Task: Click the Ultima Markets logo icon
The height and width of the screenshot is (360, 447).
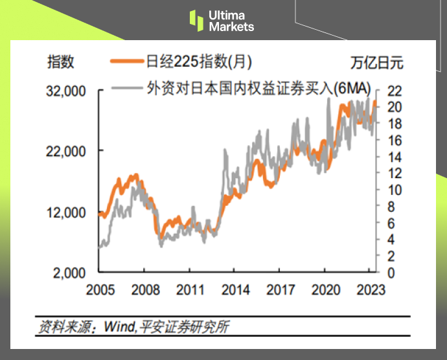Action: click(196, 20)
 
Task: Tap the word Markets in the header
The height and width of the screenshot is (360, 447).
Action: click(231, 27)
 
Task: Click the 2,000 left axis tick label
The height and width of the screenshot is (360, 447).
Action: click(69, 273)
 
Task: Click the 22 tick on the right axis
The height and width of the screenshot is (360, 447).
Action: click(394, 90)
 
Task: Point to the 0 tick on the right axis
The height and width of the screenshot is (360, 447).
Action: click(391, 273)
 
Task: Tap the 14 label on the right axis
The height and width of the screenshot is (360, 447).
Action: click(394, 157)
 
